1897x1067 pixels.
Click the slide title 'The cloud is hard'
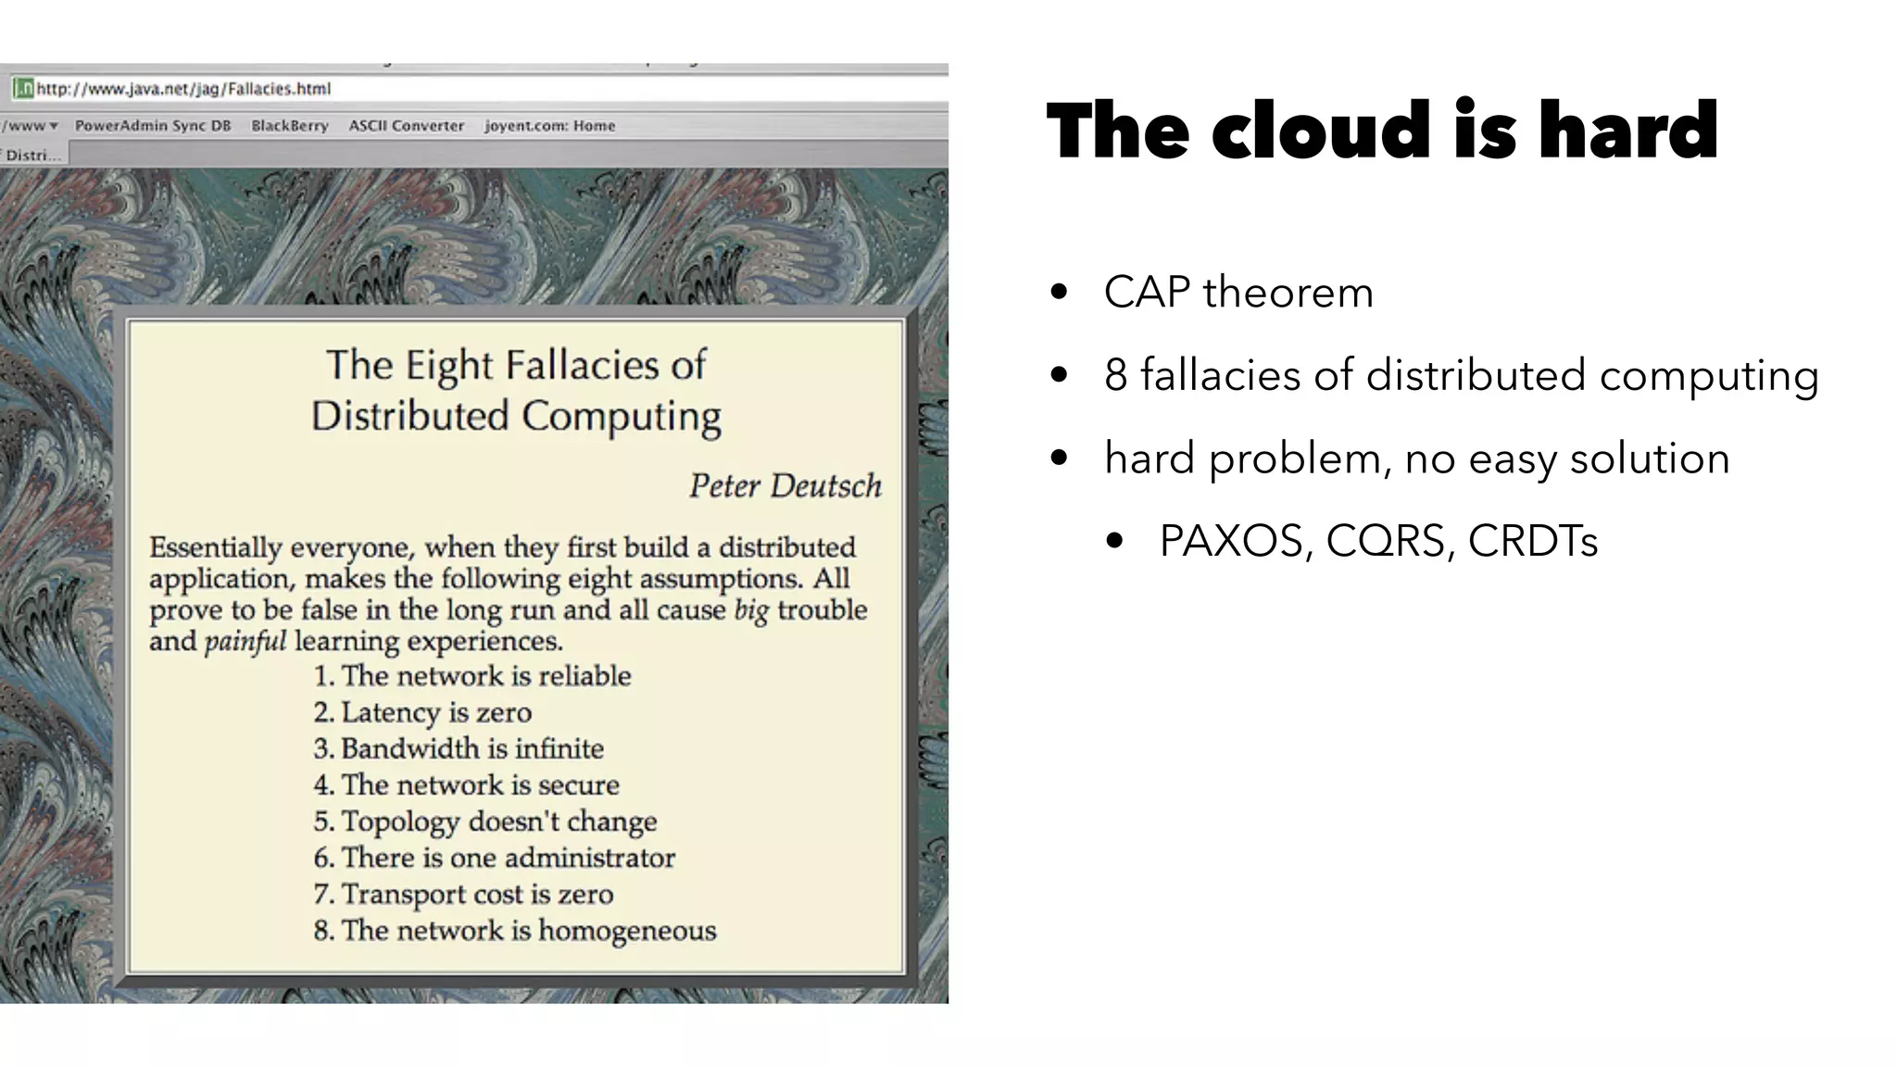pos(1382,131)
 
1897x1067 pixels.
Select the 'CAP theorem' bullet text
pos(1238,293)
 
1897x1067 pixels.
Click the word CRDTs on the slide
pos(1533,541)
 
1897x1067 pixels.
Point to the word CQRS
pos(1385,541)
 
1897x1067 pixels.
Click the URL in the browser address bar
pos(183,89)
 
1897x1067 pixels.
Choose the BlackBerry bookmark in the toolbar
pos(290,126)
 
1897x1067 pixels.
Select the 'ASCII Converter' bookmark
pos(406,126)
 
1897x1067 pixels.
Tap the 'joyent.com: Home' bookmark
pos(549,126)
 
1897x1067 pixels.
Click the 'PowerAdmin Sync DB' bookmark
pos(153,126)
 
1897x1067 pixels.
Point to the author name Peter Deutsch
pos(785,486)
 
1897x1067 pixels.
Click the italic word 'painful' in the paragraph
pos(245,641)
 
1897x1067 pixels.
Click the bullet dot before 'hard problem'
pos(1060,458)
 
